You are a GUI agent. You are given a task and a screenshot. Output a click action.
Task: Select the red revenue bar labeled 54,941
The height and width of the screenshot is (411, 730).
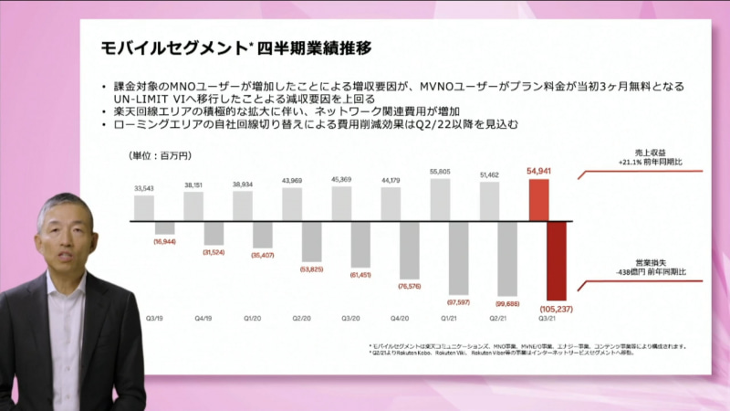[539, 199]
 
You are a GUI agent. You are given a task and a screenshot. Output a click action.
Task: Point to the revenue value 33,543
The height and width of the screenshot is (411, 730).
[144, 188]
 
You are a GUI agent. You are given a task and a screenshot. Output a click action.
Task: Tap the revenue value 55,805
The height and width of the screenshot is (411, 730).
[439, 172]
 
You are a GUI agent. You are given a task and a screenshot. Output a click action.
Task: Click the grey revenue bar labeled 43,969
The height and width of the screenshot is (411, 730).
[291, 200]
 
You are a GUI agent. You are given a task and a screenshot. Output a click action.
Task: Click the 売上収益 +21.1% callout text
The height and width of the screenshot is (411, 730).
[650, 158]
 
